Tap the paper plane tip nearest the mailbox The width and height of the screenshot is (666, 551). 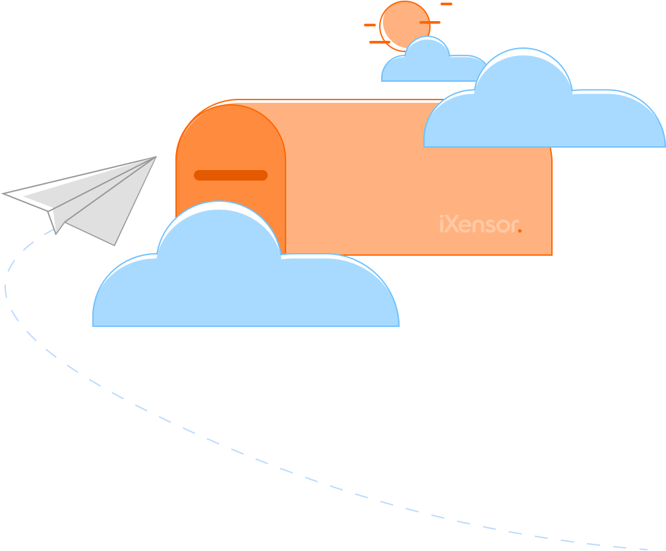pyautogui.click(x=155, y=158)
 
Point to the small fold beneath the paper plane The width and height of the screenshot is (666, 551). pyautogui.click(x=55, y=221)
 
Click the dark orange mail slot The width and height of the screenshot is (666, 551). pyautogui.click(x=230, y=175)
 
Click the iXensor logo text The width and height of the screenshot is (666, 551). pyautogui.click(x=480, y=225)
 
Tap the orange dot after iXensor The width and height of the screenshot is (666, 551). pyautogui.click(x=520, y=231)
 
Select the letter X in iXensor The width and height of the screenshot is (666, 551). pyautogui.click(x=453, y=225)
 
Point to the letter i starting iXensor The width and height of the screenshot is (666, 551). pyautogui.click(x=441, y=224)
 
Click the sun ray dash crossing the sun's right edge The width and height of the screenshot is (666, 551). pyautogui.click(x=429, y=22)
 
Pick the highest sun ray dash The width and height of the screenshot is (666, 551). pyautogui.click(x=446, y=4)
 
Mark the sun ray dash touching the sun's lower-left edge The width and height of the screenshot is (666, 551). pyautogui.click(x=379, y=42)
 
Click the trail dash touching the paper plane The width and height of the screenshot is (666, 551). pyautogui.click(x=49, y=231)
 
